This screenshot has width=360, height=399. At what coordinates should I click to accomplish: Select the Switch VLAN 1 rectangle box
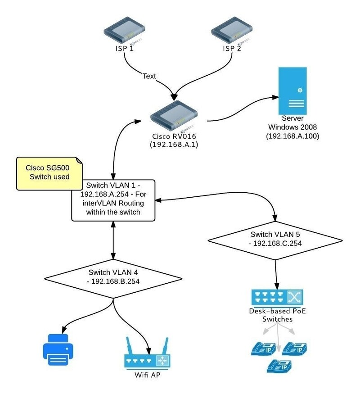pyautogui.click(x=113, y=200)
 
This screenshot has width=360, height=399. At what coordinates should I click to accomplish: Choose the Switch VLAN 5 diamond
pyautogui.click(x=275, y=239)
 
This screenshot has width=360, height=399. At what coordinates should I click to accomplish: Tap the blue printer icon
pyautogui.click(x=58, y=350)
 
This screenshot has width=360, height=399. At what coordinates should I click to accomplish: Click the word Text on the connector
pyautogui.click(x=149, y=76)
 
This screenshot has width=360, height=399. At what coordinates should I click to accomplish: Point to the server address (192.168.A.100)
pyautogui.click(x=292, y=136)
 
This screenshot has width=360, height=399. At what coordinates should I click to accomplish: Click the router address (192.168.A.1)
pyautogui.click(x=174, y=145)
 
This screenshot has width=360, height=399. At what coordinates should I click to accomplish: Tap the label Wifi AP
pyautogui.click(x=147, y=375)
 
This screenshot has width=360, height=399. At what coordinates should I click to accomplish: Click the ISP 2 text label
pyautogui.click(x=232, y=48)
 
